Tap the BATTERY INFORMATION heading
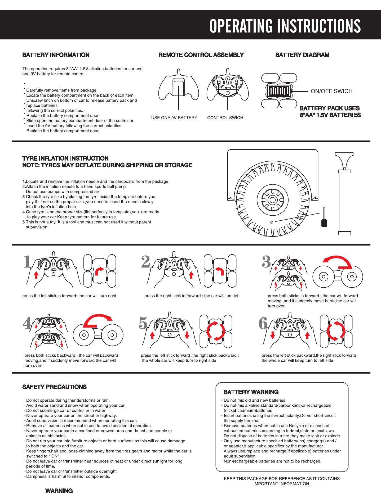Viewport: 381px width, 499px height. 56,55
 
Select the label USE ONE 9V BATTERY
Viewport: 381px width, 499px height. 174,118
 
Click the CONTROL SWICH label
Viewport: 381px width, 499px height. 225,118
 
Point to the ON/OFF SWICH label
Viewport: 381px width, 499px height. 331,91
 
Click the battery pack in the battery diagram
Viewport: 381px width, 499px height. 279,91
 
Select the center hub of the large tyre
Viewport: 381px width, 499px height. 272,200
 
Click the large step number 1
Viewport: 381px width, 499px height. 28,262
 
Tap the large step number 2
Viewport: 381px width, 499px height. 146,262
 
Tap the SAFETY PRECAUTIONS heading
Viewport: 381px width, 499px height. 54,387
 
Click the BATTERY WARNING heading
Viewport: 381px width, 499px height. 251,392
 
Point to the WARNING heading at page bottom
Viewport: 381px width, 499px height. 59,491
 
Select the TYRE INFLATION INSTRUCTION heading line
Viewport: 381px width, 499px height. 65,158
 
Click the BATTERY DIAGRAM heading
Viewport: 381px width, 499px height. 302,55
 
